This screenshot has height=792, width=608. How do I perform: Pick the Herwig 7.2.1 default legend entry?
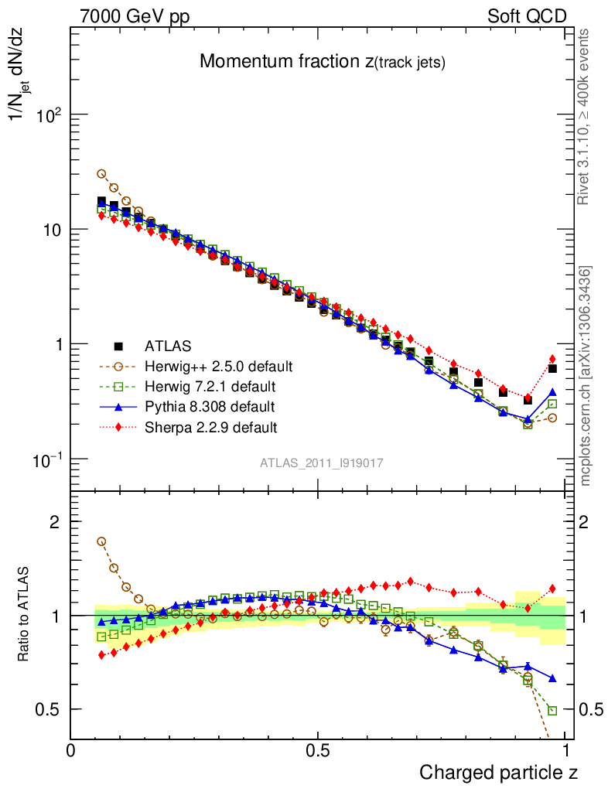point(210,386)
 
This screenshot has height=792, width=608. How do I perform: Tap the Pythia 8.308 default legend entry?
point(210,406)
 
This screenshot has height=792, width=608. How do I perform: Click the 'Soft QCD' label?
point(527,16)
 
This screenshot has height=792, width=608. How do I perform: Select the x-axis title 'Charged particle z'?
point(498,772)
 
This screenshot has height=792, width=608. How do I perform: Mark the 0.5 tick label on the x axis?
point(317,749)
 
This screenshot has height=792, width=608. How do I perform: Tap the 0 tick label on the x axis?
point(71,749)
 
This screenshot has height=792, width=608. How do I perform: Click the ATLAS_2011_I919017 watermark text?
point(322,463)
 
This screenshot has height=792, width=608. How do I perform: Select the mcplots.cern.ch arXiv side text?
point(586,376)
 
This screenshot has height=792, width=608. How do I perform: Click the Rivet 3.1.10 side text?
point(586,117)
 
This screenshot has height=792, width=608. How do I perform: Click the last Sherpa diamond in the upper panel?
point(552,359)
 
